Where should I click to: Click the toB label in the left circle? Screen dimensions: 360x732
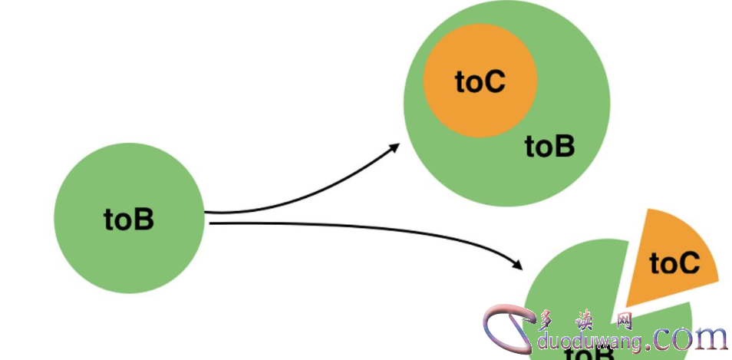point(129,220)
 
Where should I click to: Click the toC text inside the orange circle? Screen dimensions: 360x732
point(480,81)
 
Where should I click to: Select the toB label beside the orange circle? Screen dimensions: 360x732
point(549,146)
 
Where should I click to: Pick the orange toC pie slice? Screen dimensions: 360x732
point(669,261)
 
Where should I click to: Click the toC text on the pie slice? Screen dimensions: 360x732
point(675,263)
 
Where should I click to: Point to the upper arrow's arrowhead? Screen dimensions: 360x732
point(394,147)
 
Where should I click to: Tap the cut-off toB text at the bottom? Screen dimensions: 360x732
point(589,353)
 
